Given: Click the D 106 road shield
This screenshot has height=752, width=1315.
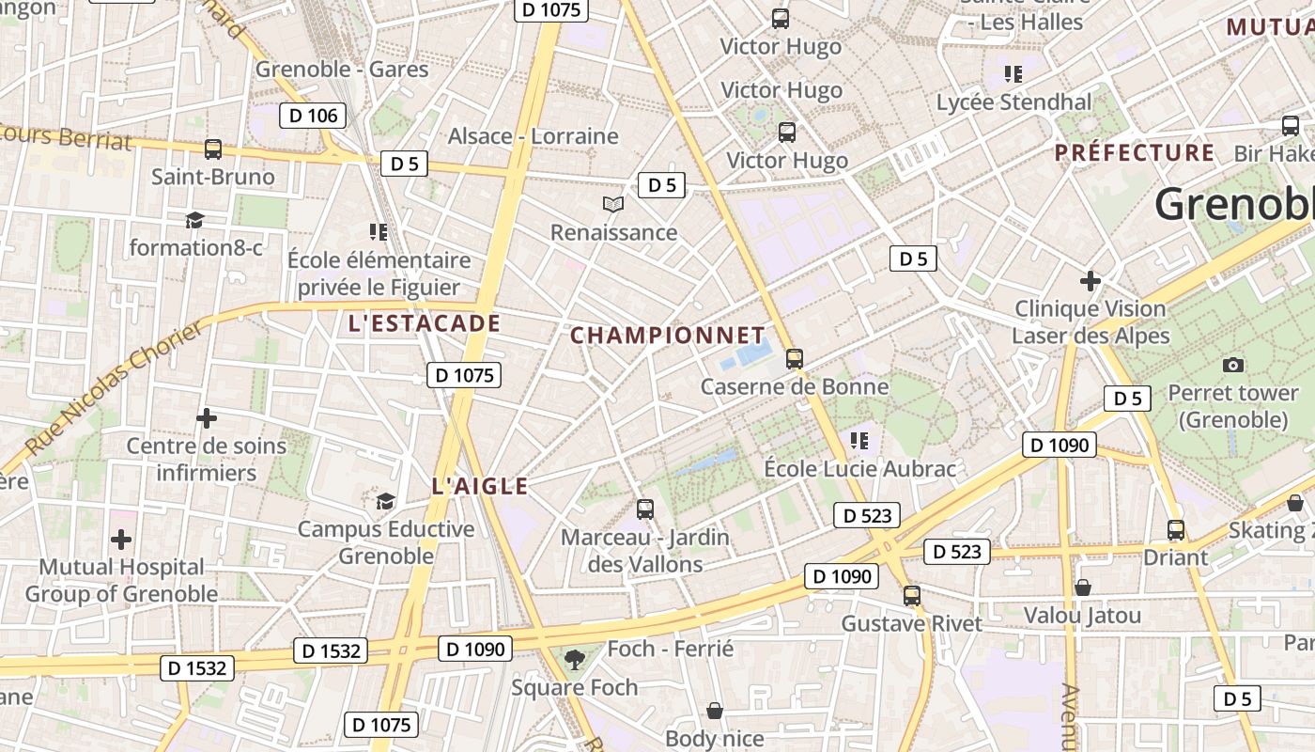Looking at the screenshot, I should point(312,116).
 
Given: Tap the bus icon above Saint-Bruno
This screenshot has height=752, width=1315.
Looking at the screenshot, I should point(213,149).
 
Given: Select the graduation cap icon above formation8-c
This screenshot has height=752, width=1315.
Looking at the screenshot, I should point(194,220).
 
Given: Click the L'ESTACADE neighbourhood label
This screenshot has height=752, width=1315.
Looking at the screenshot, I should point(424,324).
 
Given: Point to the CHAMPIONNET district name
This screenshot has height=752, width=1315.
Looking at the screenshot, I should point(668,336).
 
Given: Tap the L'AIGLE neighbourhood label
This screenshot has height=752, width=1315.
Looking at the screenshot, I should point(480,487).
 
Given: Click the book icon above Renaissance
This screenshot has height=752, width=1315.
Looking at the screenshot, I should point(613,204).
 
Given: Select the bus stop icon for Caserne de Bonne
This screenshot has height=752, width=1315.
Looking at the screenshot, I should point(795,358).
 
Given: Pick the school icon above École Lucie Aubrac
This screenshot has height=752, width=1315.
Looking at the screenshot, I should point(859,440).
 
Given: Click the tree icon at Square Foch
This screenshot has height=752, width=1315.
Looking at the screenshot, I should point(575,660).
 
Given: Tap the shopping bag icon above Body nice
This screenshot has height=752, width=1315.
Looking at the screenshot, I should point(715,711).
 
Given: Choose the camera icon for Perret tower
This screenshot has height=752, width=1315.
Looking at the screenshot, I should point(1233,365).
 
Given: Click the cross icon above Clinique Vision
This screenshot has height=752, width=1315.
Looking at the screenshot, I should point(1091,280).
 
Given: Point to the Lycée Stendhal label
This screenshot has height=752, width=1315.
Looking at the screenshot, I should point(1014,102).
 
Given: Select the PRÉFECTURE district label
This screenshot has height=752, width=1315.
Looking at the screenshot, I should point(1134,152).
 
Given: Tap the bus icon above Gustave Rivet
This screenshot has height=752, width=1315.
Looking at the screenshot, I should point(911,595).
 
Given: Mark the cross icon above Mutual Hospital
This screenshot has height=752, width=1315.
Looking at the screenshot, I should point(121,540).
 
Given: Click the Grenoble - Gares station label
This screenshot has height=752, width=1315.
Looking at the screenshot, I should point(342,70).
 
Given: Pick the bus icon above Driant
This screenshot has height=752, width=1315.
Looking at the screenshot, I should point(1176,529).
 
